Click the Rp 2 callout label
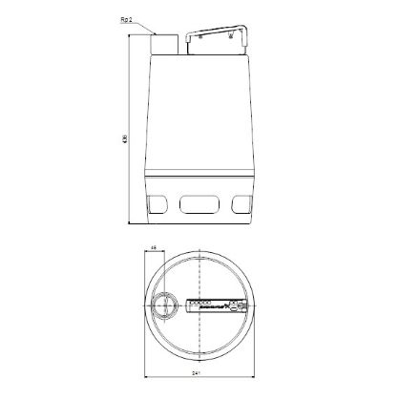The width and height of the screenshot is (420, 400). (138, 18)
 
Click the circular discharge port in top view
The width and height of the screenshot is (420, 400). (165, 306)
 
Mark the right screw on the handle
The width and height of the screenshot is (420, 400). (239, 306)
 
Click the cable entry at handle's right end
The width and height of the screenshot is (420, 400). (246, 306)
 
